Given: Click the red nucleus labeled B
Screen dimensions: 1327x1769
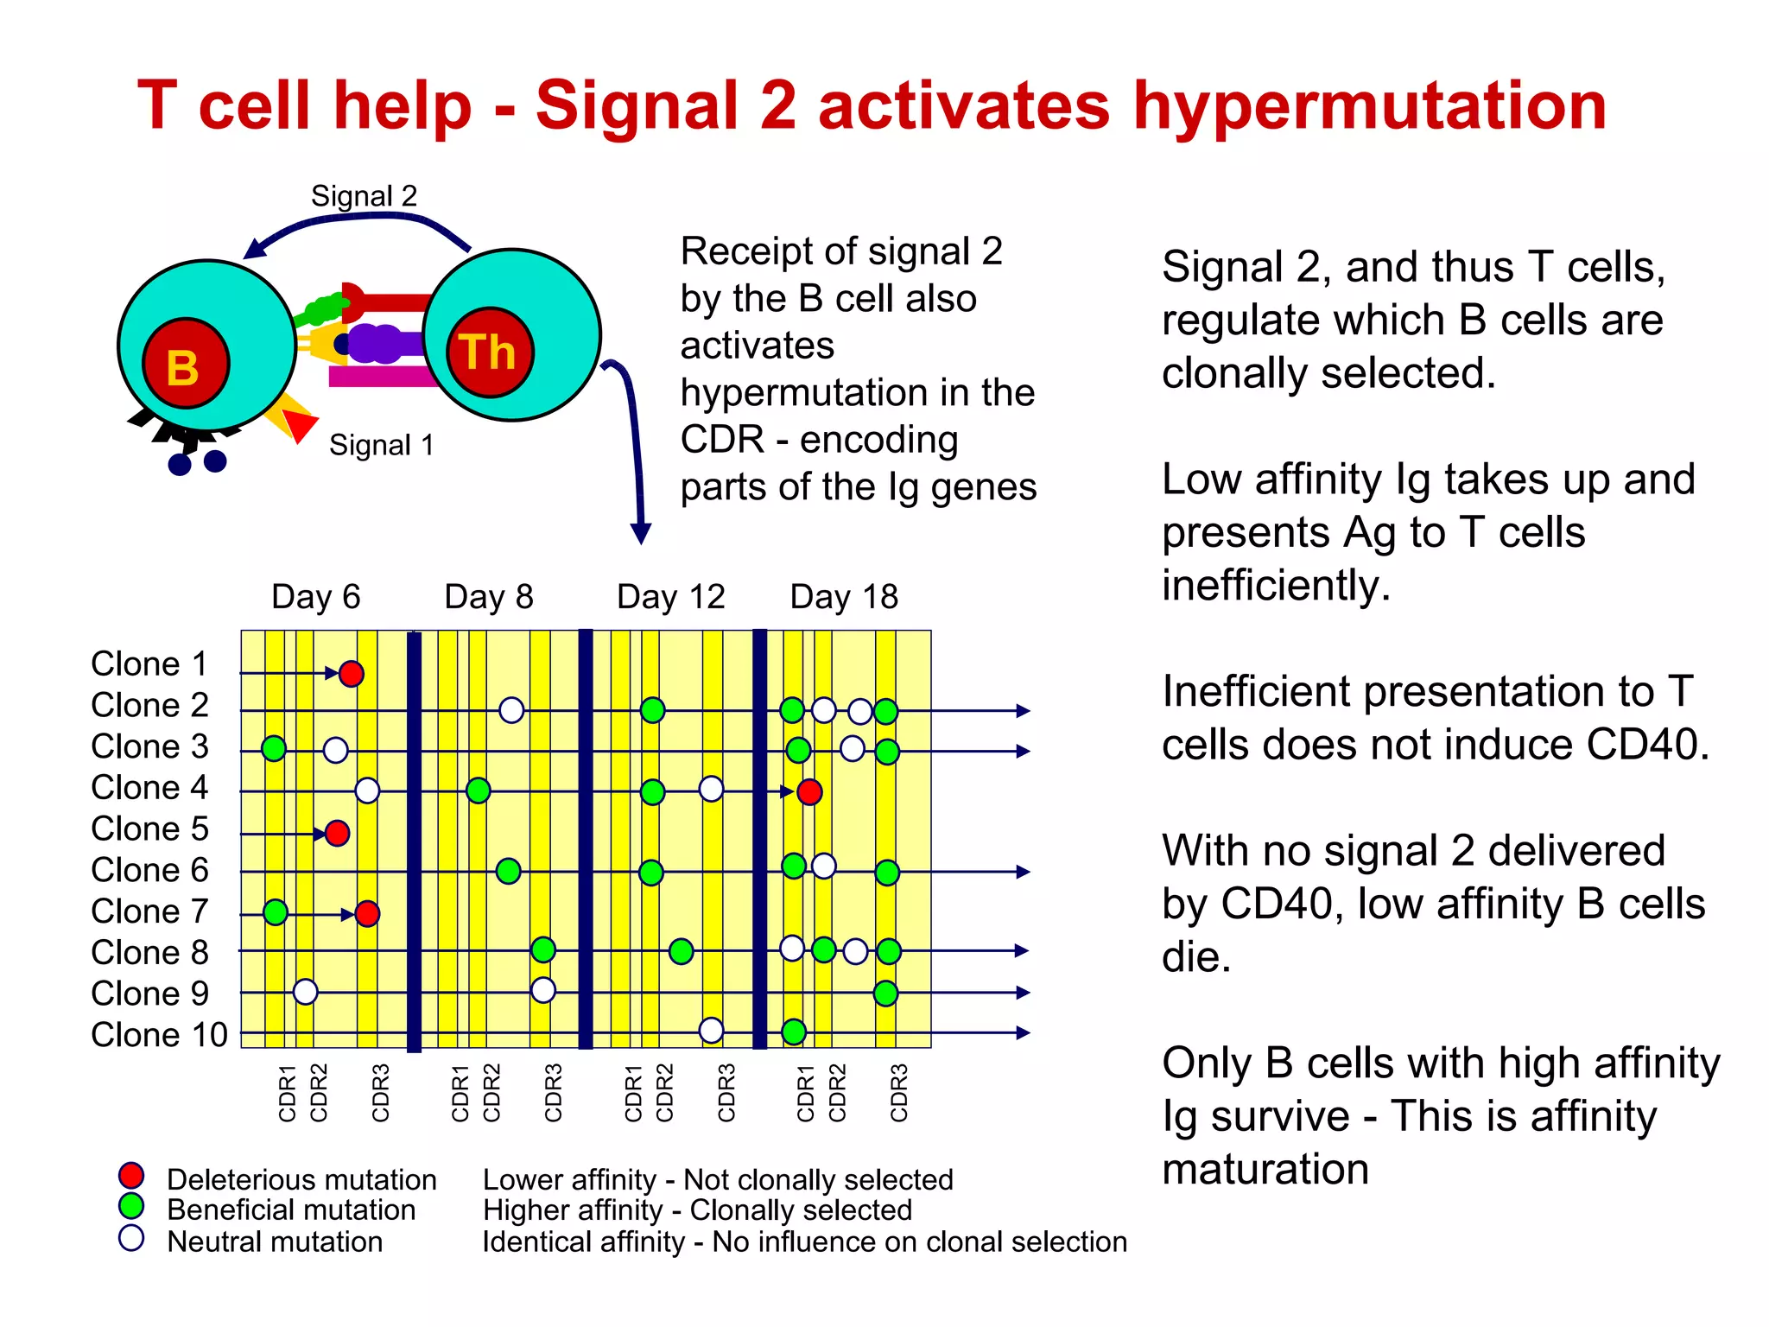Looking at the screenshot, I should coord(186,364).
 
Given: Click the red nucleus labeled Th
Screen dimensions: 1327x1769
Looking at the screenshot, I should coord(490,352).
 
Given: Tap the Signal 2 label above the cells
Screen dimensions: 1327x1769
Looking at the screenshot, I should coord(364,196).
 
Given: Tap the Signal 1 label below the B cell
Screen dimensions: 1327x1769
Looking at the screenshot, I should coord(381,445).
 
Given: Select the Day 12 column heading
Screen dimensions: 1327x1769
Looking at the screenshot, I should coord(670,597).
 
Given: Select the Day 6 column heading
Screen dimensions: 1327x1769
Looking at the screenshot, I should coord(315,597).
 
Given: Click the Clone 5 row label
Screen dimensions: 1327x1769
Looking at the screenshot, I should coord(149,829).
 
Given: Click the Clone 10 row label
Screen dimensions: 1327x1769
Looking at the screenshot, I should coord(159,1034).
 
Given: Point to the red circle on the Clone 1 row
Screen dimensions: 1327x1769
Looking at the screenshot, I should coord(351,673).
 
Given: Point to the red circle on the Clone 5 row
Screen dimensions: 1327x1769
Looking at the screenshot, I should coord(337,833).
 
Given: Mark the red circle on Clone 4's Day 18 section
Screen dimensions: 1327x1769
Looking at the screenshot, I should coord(809,791).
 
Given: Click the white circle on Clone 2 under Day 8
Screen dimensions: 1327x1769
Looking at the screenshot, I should coord(511,710).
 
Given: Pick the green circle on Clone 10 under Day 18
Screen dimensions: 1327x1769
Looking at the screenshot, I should coord(794,1031).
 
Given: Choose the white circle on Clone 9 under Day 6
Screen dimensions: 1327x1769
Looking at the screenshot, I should coord(305,992).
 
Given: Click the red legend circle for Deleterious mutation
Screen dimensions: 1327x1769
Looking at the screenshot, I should coord(131,1175).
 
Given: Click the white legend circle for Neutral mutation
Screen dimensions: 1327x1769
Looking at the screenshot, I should coord(131,1238).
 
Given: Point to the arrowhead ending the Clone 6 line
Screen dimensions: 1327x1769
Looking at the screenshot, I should coord(1024,872).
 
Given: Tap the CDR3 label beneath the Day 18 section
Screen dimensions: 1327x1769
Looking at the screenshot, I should coord(898,1093).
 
